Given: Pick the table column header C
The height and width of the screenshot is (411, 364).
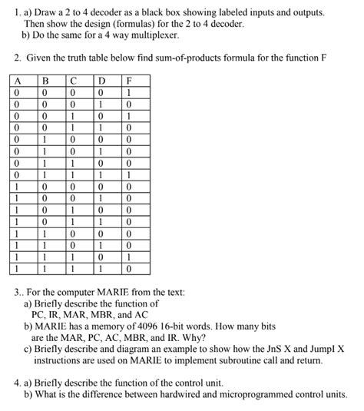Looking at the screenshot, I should tap(74, 79).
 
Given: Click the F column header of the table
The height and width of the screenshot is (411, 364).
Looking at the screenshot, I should tap(129, 79).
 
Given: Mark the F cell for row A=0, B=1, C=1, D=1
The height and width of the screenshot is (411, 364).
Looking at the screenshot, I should tap(129, 174).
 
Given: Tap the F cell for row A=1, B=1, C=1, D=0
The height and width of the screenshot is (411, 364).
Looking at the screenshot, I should tap(129, 257).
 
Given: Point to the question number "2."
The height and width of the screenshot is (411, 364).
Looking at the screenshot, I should tap(16, 58).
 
